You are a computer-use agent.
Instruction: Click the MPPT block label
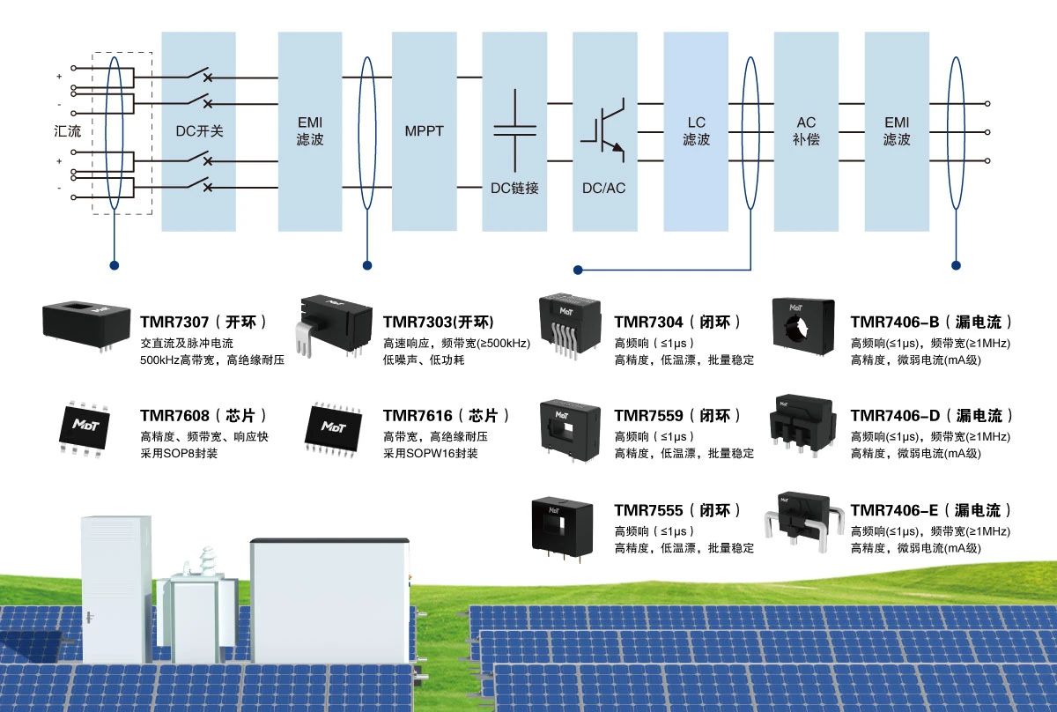pyautogui.click(x=425, y=131)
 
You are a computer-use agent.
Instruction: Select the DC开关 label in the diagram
pyautogui.click(x=199, y=131)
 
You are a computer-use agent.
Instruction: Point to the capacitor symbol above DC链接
pyautogui.click(x=514, y=129)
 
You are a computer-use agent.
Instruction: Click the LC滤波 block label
pyautogui.click(x=697, y=131)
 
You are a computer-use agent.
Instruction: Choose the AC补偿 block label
pyautogui.click(x=806, y=131)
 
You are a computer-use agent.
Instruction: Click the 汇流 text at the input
pyautogui.click(x=67, y=131)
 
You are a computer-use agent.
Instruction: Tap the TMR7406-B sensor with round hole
pyautogui.click(x=802, y=326)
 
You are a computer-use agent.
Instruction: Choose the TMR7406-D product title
pyautogui.click(x=931, y=415)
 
